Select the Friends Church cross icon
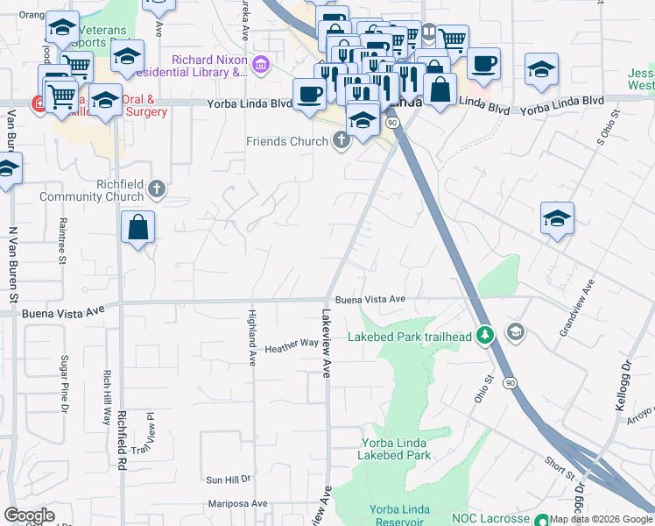(341, 142)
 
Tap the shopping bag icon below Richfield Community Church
(138, 228)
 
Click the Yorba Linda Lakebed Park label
(394, 449)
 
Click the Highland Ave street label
(252, 338)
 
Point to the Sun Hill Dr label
(228, 480)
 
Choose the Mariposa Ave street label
(236, 504)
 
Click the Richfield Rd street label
(121, 437)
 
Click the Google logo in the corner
(29, 515)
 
